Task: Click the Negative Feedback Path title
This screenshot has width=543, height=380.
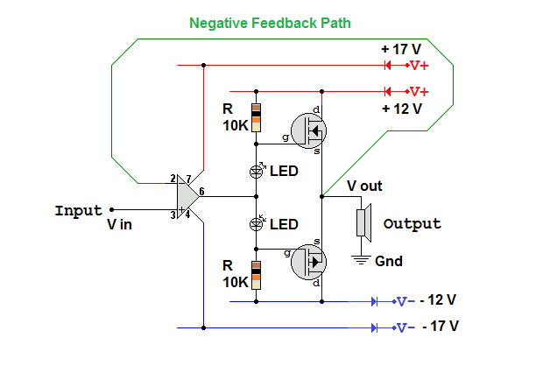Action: click(x=270, y=23)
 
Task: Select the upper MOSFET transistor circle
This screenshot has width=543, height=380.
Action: click(x=307, y=130)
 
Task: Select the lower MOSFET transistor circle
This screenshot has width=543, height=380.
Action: click(x=307, y=260)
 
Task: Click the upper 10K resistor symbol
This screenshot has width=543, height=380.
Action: click(x=256, y=118)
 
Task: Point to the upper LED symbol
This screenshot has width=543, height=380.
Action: click(x=256, y=171)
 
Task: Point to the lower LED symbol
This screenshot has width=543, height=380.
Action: click(x=256, y=224)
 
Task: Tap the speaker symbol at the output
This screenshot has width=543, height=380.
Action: click(x=363, y=223)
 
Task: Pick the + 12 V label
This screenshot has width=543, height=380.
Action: click(x=402, y=109)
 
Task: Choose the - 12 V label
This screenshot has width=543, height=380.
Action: click(x=438, y=299)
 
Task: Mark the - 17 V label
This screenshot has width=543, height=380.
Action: click(x=440, y=327)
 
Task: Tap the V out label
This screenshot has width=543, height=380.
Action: click(x=366, y=186)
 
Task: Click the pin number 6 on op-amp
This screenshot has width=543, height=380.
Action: click(x=201, y=192)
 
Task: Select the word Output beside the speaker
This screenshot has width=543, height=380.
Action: click(x=412, y=224)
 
